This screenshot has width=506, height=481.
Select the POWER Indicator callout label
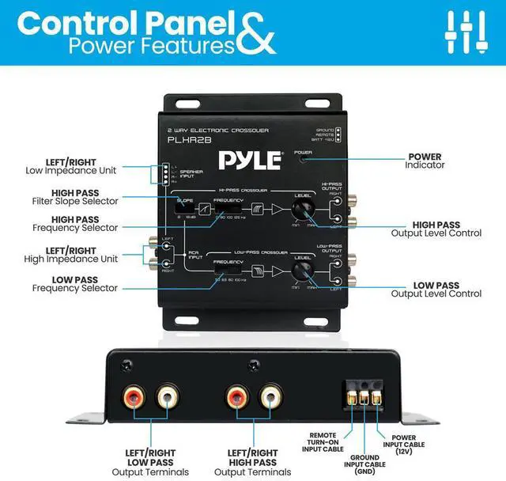425,161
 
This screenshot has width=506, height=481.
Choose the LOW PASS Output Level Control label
436,289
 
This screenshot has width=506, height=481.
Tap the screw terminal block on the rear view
363,392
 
